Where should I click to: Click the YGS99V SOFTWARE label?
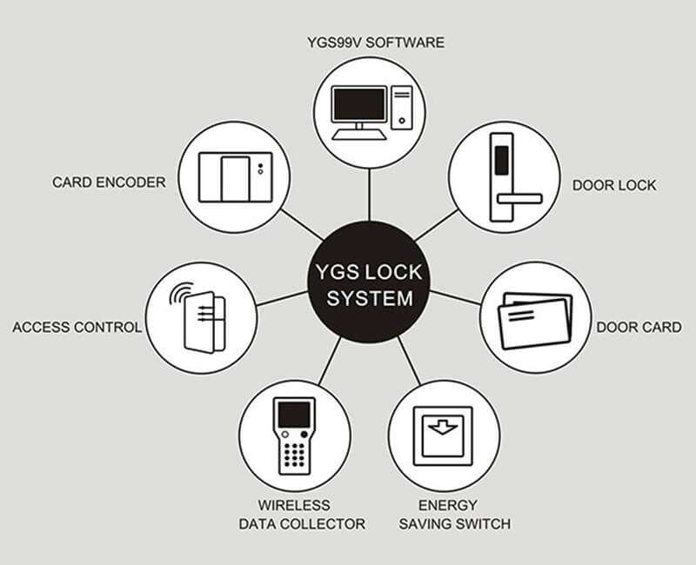(376, 43)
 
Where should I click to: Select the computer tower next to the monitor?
(402, 108)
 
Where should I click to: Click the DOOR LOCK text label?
(614, 185)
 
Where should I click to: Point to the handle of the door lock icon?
(519, 199)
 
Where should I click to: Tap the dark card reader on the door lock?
(502, 160)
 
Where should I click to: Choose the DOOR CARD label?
(639, 328)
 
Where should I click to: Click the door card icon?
(535, 320)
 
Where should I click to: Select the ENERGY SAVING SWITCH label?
(454, 515)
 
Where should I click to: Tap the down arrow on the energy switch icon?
(443, 427)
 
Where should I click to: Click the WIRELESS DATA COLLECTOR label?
(302, 515)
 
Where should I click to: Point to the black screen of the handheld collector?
(294, 415)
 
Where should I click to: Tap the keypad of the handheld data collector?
(294, 455)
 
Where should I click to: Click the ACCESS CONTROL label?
(77, 328)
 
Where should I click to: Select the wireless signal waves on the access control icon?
(181, 293)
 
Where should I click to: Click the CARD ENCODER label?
(109, 183)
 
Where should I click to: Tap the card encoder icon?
(235, 177)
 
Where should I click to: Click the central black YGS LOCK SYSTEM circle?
(369, 282)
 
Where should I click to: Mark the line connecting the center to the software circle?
(369, 194)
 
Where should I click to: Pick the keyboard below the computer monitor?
(359, 134)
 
